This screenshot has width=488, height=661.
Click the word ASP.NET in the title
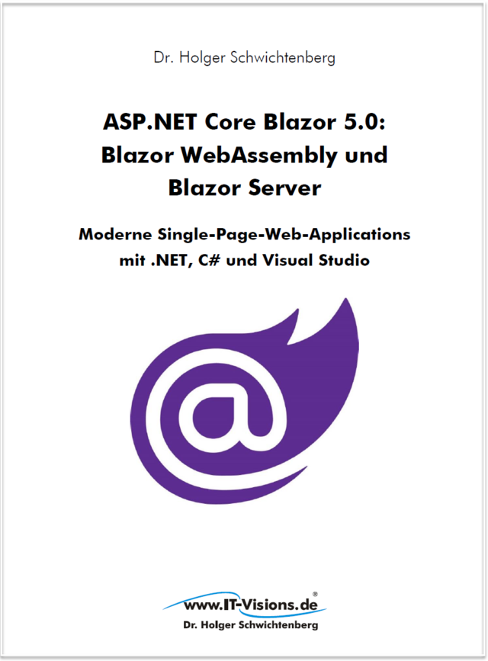tap(142, 122)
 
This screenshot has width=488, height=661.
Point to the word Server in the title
tap(281, 188)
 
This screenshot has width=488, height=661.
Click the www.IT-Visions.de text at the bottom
tap(243, 606)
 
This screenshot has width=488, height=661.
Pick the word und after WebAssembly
tap(361, 155)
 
